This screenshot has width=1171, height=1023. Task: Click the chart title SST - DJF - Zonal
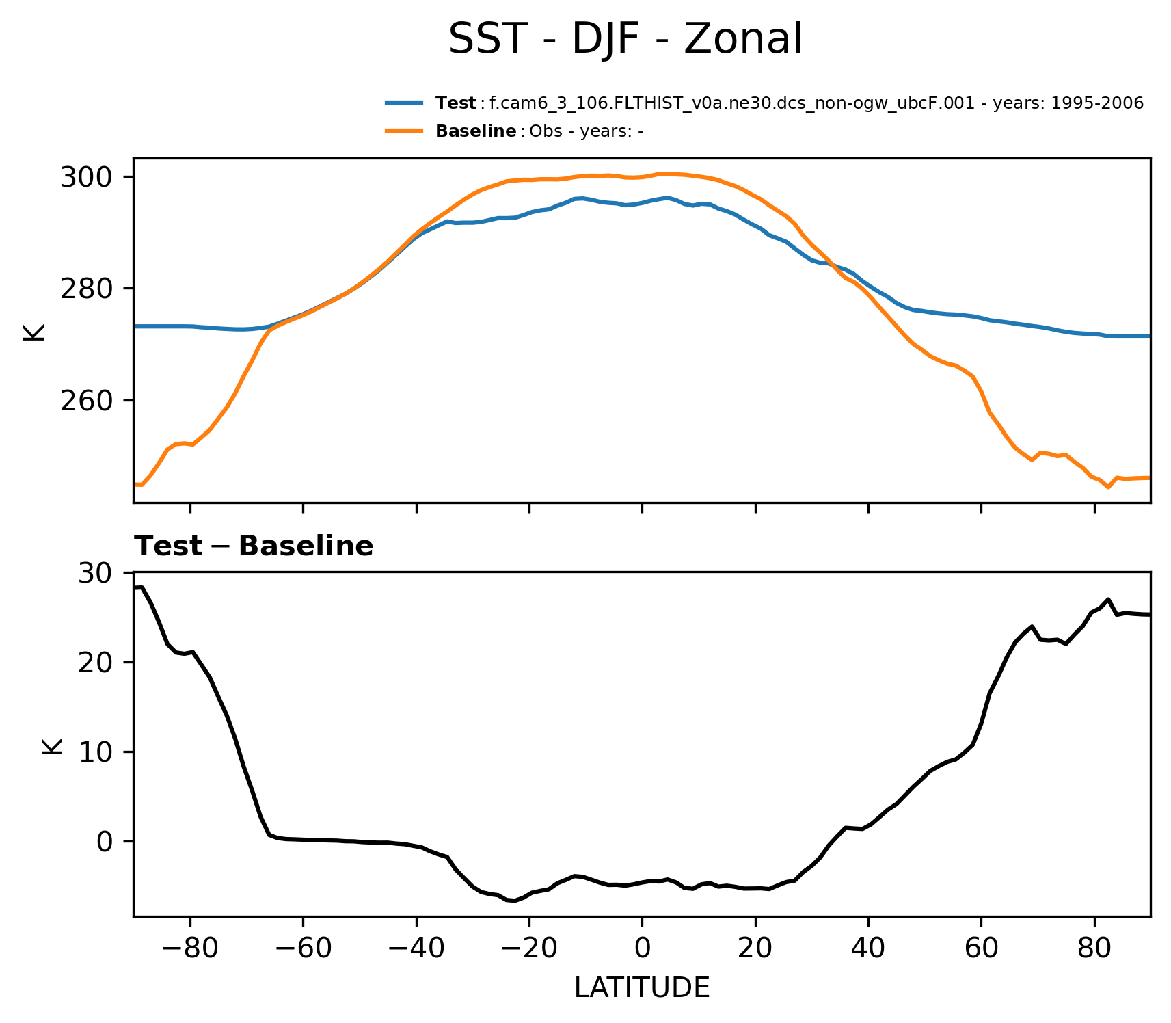coord(625,40)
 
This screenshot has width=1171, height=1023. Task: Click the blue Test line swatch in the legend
coord(404,103)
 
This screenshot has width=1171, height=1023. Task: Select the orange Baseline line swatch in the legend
coord(404,131)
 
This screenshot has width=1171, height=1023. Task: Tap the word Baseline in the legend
coord(476,131)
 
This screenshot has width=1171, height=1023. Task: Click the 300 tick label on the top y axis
coord(86,178)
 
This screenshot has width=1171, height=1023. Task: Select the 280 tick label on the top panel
coord(86,289)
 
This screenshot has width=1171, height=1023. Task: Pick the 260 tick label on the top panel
coord(86,401)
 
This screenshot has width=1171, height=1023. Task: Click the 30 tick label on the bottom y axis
coord(95,573)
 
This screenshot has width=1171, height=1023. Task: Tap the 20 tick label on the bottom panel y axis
coord(95,663)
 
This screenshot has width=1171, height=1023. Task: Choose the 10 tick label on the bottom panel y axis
coord(95,752)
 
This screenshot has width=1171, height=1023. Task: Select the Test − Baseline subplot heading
coord(254,546)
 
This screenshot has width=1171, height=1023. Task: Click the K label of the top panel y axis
coord(33,332)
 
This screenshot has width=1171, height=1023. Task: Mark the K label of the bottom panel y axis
coord(52,746)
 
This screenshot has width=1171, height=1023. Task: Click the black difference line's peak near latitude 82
coord(1108,599)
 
